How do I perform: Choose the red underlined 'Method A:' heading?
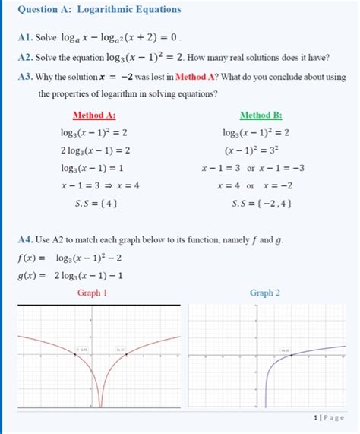point(94,116)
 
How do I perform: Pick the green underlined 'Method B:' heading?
point(261,116)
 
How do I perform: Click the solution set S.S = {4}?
point(94,203)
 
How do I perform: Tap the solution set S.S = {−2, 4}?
point(261,203)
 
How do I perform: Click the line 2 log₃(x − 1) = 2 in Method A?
point(96,150)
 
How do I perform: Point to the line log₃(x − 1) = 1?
point(95,168)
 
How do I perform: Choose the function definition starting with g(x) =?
point(68,275)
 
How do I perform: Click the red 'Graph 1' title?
point(93,293)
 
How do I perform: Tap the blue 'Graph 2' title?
point(265,293)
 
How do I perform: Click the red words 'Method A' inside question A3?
point(199,76)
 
